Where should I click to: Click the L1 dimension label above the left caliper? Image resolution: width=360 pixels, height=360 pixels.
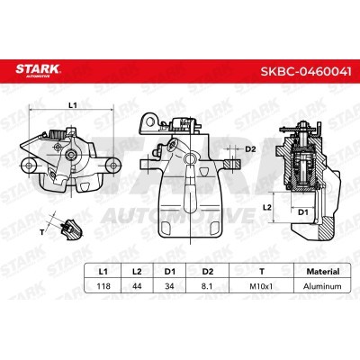pyautogui.click(x=74, y=106)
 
